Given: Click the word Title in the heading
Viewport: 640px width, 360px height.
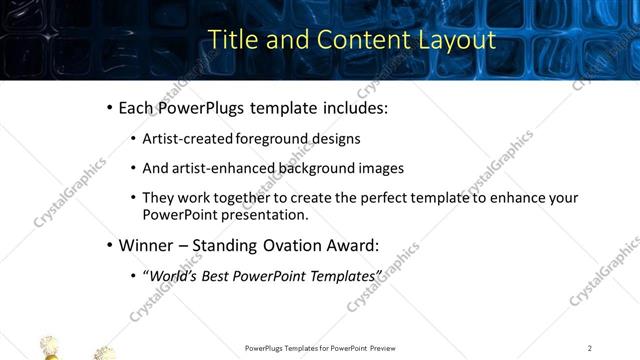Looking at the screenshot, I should (232, 40).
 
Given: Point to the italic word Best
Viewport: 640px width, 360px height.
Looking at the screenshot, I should (217, 275).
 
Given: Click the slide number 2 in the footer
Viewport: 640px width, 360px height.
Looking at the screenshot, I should (590, 348).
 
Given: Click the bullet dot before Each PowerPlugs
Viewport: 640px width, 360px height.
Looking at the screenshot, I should (110, 108).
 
